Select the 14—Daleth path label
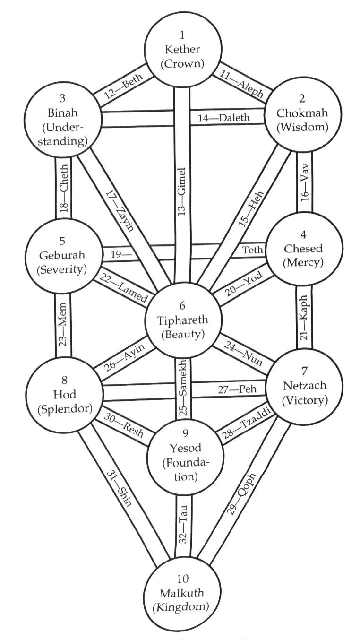point(223,118)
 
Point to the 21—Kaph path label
point(304,322)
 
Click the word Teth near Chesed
point(251,249)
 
